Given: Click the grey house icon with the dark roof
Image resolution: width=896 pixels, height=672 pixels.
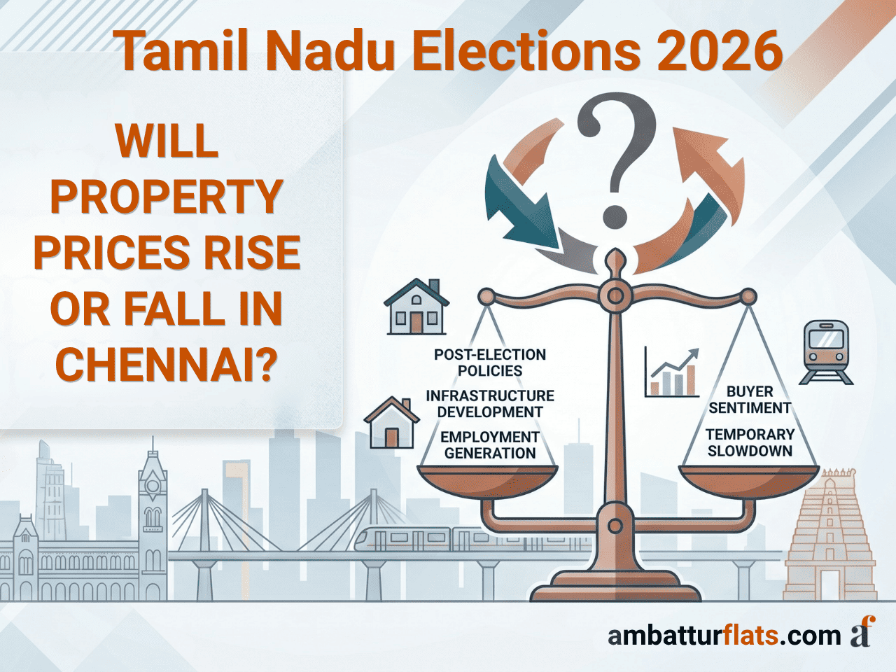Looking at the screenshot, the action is [x=416, y=307].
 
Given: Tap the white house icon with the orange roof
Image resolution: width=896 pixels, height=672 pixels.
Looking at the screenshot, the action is [x=391, y=423].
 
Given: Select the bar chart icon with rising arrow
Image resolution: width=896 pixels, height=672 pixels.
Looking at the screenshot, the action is [x=672, y=372].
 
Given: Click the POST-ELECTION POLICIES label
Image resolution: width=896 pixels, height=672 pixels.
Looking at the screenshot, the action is [x=490, y=363].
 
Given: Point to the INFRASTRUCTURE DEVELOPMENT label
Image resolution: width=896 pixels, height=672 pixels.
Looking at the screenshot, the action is [x=490, y=404].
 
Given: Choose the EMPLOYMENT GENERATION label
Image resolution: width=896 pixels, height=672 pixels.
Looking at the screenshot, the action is [x=490, y=445].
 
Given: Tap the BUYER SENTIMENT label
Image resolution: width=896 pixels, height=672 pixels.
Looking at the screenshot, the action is [x=750, y=400].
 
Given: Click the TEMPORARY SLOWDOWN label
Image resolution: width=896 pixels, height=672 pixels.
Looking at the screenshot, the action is [x=750, y=442].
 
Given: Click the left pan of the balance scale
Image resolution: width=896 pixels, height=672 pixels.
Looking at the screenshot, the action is [x=487, y=483].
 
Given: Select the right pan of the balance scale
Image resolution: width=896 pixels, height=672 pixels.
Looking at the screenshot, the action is [x=749, y=483].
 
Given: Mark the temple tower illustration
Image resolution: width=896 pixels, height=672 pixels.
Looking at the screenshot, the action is [x=830, y=535].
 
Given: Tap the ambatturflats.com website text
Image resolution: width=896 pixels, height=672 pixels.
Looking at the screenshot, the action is [x=724, y=636].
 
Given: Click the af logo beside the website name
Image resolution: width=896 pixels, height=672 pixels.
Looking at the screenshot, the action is [x=862, y=631].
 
